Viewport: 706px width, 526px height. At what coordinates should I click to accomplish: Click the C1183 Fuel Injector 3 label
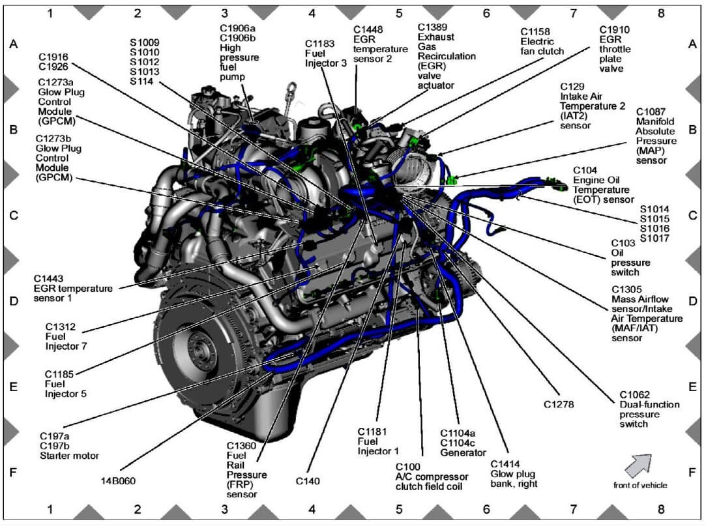click(319, 53)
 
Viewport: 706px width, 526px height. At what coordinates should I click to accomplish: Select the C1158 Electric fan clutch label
click(542, 40)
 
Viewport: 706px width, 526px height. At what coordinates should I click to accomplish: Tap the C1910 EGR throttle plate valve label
click(615, 49)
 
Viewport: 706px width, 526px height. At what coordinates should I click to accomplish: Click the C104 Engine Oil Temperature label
click(602, 184)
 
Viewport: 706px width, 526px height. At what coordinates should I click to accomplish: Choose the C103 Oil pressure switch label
click(625, 257)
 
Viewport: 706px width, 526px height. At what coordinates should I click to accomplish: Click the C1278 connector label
click(559, 404)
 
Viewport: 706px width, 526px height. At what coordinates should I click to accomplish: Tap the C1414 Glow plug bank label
click(514, 473)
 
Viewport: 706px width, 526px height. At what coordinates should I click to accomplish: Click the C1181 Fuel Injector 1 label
click(381, 441)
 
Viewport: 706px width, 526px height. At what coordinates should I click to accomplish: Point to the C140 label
click(308, 481)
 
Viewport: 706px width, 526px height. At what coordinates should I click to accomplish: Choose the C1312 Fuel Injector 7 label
click(66, 336)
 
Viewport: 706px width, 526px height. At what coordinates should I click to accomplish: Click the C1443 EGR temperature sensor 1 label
click(72, 288)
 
